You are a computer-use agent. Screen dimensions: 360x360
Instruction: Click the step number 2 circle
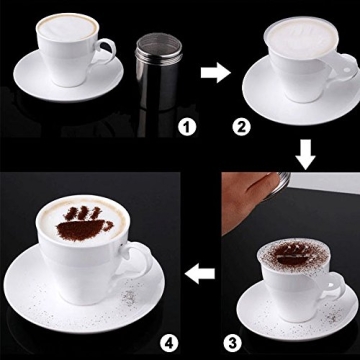242,126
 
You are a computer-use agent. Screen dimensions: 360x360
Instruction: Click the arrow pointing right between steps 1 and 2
211,73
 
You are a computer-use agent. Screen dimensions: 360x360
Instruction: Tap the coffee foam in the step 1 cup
68,27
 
